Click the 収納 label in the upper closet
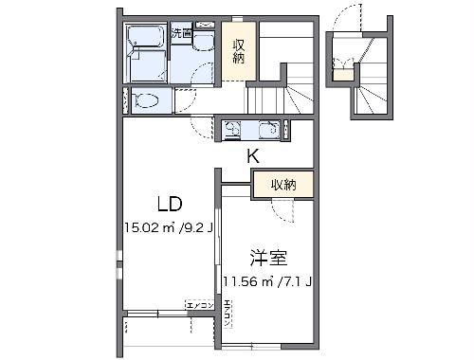[x=240, y=49]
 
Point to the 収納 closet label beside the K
[x=283, y=185]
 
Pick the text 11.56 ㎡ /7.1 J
[x=268, y=281]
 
